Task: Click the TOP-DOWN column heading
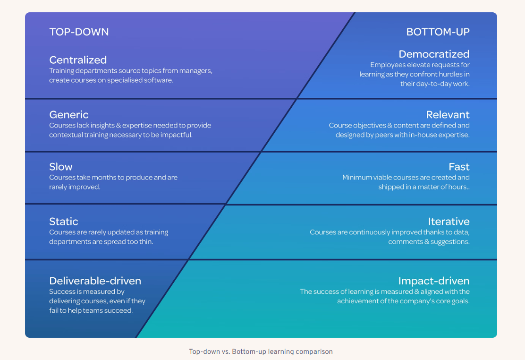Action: pyautogui.click(x=79, y=32)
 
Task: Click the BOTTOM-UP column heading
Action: pyautogui.click(x=438, y=32)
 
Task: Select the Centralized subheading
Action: pyautogui.click(x=78, y=60)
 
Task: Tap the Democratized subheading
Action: pyautogui.click(x=434, y=54)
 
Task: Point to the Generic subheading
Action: pyautogui.click(x=69, y=115)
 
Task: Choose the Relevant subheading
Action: pyautogui.click(x=448, y=115)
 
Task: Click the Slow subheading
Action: pyautogui.click(x=61, y=167)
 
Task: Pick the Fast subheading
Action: pyautogui.click(x=459, y=167)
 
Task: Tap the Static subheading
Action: pyautogui.click(x=64, y=222)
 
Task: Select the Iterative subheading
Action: pyautogui.click(x=449, y=222)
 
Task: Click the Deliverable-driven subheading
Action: pyautogui.click(x=95, y=281)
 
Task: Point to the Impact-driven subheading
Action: pyautogui.click(x=433, y=281)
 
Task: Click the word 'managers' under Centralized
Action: pyautogui.click(x=195, y=71)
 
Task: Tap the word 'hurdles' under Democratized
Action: pyautogui.click(x=449, y=74)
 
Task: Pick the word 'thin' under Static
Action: pyautogui.click(x=146, y=242)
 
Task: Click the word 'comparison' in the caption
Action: pyautogui.click(x=316, y=351)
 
